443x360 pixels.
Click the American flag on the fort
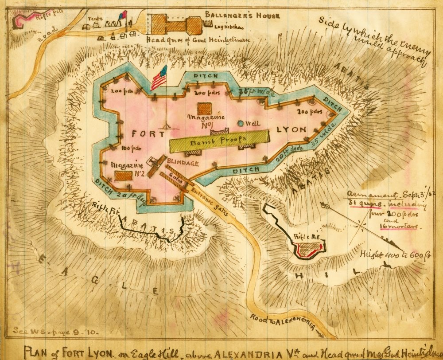pyautogui.click(x=159, y=78)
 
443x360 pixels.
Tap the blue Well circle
pyautogui.click(x=241, y=123)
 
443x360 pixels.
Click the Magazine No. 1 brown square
pyautogui.click(x=204, y=109)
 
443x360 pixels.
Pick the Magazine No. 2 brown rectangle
pyautogui.click(x=123, y=175)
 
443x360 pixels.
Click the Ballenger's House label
pyautogui.click(x=242, y=16)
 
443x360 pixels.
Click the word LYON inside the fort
pyautogui.click(x=291, y=129)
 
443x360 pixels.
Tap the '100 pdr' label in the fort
pyautogui.click(x=128, y=148)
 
